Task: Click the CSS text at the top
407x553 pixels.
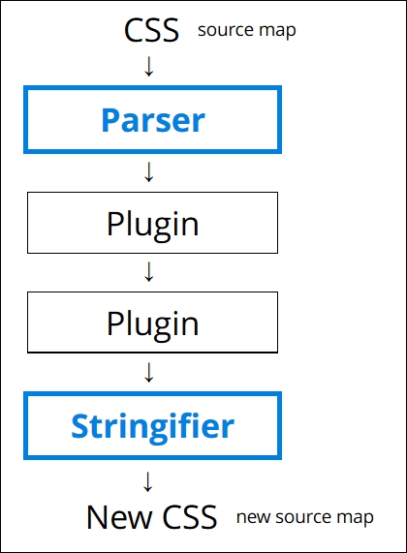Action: point(152,30)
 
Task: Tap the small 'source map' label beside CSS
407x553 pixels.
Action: point(246,30)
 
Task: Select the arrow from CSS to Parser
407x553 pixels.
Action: point(149,67)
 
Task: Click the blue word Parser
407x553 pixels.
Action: point(153,120)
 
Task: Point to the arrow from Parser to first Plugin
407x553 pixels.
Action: point(149,172)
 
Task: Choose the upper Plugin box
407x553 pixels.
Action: point(153,224)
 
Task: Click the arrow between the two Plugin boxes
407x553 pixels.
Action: point(149,272)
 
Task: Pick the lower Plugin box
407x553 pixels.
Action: point(153,323)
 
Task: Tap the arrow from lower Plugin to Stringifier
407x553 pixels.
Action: point(149,372)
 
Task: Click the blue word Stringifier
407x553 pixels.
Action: point(153,424)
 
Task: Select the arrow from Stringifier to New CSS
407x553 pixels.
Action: point(149,480)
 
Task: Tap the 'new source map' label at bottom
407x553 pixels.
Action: point(304,517)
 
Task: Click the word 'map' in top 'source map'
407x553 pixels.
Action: point(278,31)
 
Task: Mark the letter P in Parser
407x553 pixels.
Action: point(111,120)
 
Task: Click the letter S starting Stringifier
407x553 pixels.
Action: point(80,424)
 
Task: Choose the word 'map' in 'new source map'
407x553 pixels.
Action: point(356,518)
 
